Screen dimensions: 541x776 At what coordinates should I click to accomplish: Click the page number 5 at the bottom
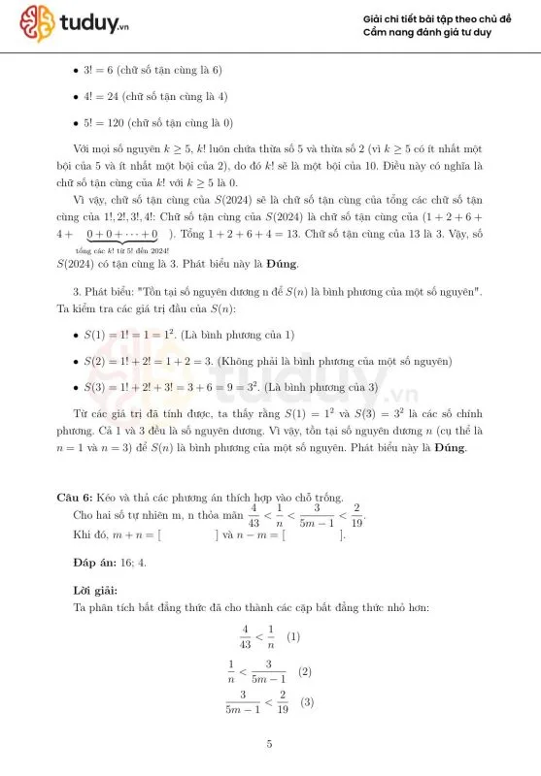click(x=270, y=745)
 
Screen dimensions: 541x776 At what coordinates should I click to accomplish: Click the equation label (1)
click(x=293, y=638)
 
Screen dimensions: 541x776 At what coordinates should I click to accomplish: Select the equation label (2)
click(x=304, y=671)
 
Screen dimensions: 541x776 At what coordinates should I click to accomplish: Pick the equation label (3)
click(x=308, y=702)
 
